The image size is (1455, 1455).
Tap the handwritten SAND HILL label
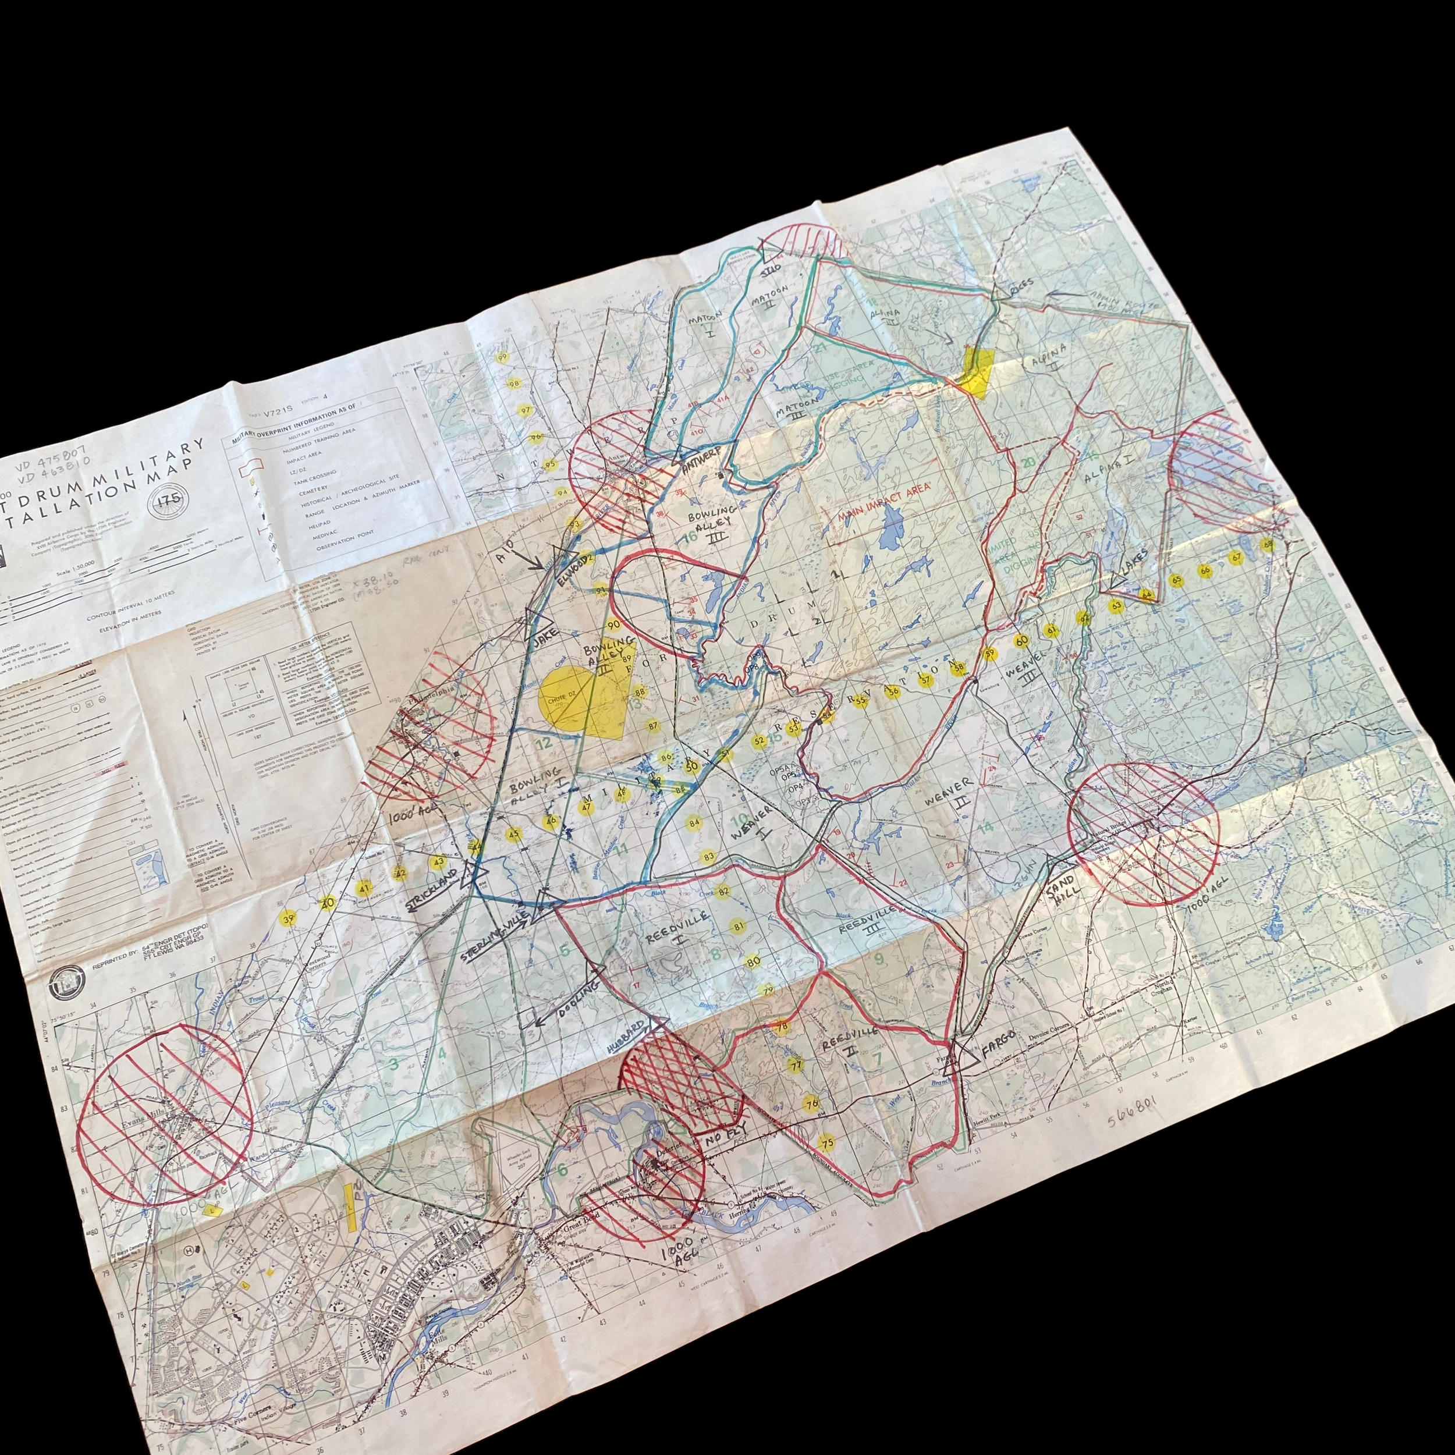pyautogui.click(x=1063, y=896)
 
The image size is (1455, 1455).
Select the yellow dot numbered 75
pyautogui.click(x=827, y=1142)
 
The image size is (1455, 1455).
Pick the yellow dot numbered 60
pyautogui.click(x=1021, y=641)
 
